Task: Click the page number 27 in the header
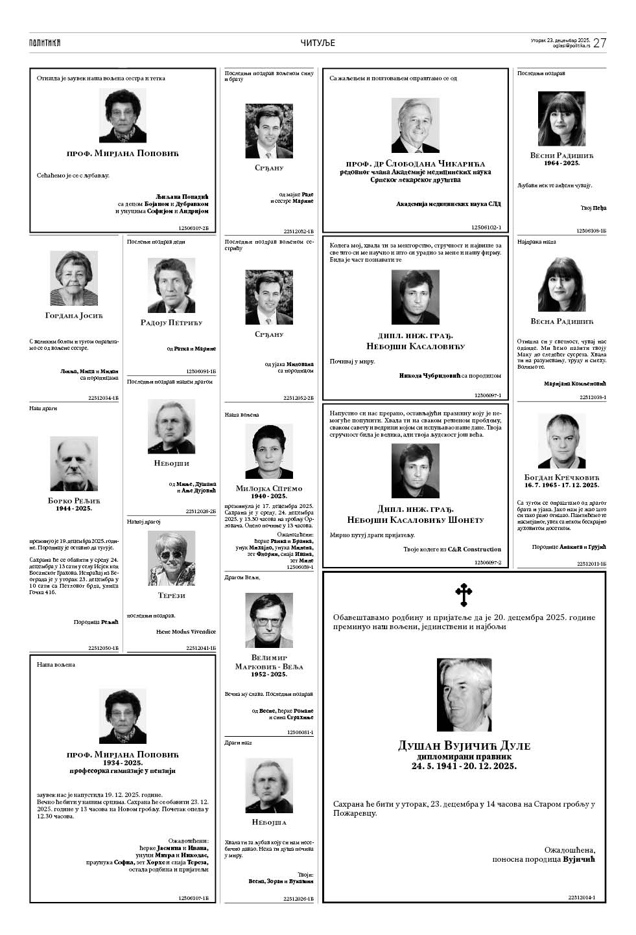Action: point(600,43)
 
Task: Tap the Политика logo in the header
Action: point(45,43)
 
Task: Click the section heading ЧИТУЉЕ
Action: point(318,43)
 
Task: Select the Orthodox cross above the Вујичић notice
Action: point(464,594)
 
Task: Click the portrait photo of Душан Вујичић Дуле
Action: point(464,695)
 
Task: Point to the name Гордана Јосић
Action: point(74,316)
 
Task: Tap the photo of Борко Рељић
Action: point(74,463)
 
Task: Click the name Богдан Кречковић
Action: point(561,478)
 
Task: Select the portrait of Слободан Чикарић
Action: point(416,125)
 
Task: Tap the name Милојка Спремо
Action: point(269,488)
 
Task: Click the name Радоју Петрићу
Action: point(171,322)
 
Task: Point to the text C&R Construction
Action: point(478,549)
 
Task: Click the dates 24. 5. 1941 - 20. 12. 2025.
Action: point(464,766)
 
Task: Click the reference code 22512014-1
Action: point(582,897)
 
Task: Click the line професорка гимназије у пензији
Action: point(123,771)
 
